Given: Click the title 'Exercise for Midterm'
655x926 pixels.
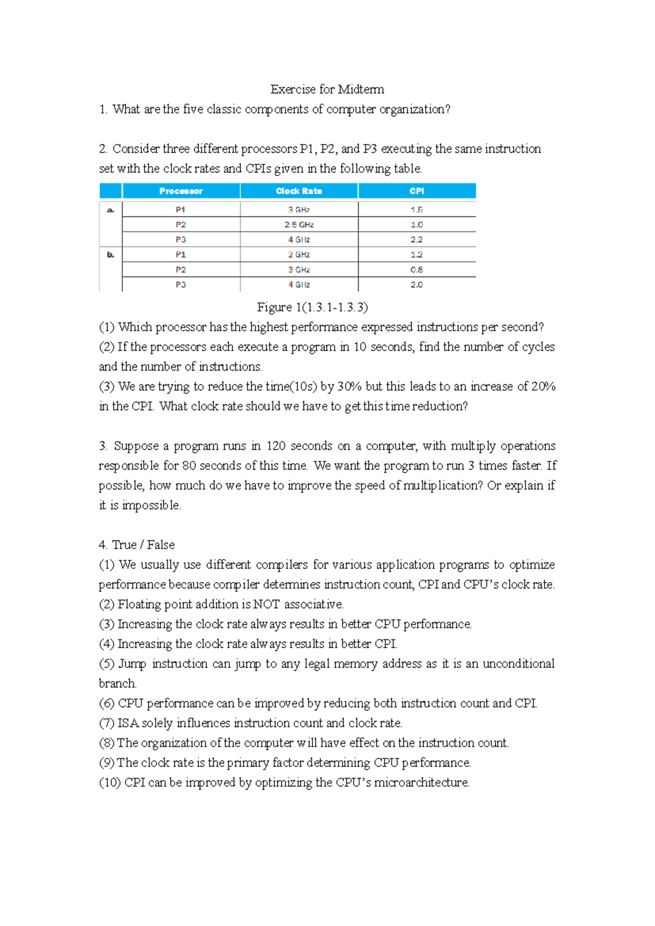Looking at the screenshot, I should (327, 90).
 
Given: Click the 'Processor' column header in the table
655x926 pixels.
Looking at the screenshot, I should (181, 191).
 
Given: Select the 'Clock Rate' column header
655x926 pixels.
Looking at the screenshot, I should (299, 191).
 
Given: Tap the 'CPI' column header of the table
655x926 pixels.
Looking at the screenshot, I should (416, 191).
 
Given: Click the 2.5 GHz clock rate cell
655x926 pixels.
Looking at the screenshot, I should (299, 224).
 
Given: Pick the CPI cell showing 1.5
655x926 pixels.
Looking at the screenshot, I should (416, 210).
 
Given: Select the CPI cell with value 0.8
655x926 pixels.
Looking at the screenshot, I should (416, 270).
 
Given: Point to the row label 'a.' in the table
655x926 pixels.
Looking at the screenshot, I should (110, 210).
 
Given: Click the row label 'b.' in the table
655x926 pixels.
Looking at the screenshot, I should (110, 254).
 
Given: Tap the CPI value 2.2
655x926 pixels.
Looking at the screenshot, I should (416, 240).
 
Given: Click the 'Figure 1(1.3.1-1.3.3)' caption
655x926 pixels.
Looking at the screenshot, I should (312, 307).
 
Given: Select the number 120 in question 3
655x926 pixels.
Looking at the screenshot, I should (276, 446).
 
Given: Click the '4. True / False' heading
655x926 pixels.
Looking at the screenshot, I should (136, 545).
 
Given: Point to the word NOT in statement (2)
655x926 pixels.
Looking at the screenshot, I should (266, 604).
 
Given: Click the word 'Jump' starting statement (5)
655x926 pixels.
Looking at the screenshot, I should (132, 664).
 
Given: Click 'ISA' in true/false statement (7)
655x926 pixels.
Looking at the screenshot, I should (128, 723).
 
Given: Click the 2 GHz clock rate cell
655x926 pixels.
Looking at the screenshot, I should (299, 254).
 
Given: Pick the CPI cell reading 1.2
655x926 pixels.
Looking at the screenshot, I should (416, 254).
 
